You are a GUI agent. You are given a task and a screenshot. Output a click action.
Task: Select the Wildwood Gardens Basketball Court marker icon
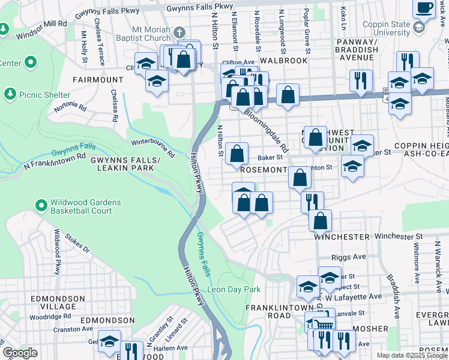point(41,206)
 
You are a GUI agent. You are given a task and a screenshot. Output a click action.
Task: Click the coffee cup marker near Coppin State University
point(425,8)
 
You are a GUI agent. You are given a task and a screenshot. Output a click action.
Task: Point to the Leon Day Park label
point(234,289)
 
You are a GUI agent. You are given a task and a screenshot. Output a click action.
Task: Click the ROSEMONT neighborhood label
point(262,170)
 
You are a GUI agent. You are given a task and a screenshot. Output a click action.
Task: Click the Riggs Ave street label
point(351,257)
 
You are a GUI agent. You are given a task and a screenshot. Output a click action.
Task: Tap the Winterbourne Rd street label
point(153,148)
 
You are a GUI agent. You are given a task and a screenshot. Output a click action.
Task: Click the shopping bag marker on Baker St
point(237,154)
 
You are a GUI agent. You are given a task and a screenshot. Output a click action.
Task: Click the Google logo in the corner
point(20,353)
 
